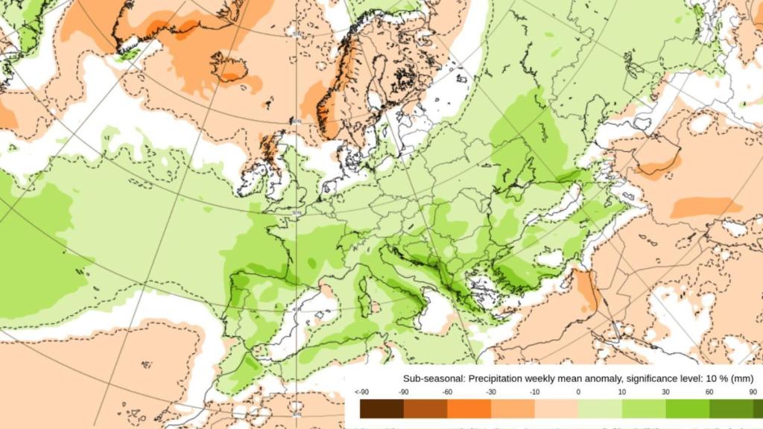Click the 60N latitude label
[297, 122]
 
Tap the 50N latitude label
[297, 213]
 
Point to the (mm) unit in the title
[741, 378]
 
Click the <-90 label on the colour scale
[362, 392]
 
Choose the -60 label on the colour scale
[448, 392]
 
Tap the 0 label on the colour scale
[578, 392]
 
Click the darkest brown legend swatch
[381, 409]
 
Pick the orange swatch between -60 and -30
[469, 409]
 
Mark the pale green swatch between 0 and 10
[600, 409]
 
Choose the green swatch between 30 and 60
[687, 409]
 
